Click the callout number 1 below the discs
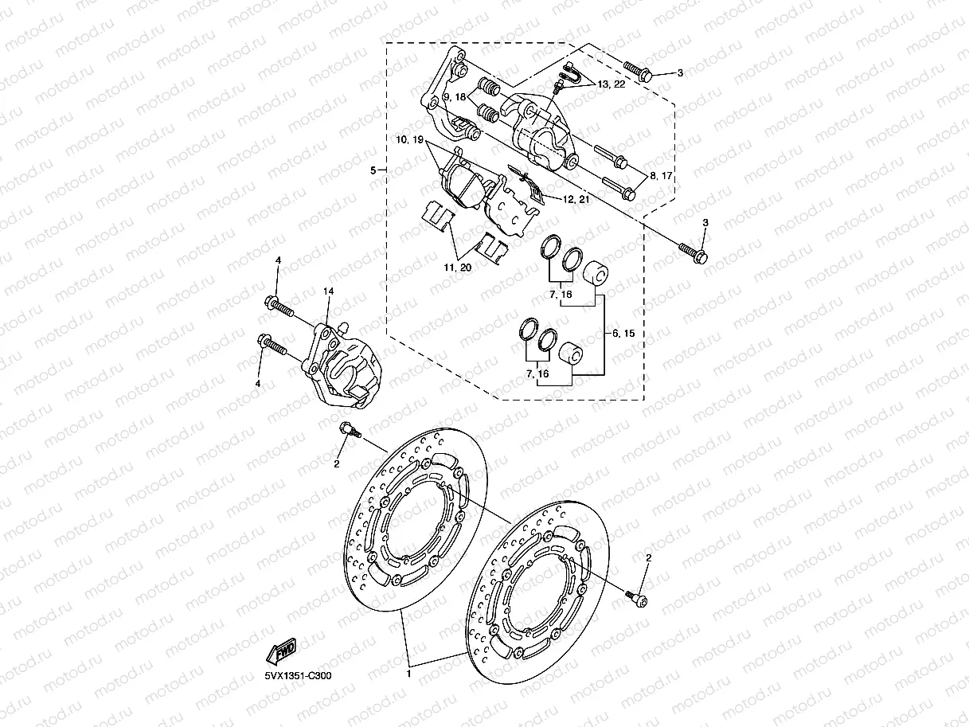[x=409, y=674]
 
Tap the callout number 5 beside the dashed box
[x=373, y=170]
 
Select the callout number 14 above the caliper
[x=326, y=292]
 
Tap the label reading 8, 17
[x=661, y=177]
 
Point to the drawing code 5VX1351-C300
[x=298, y=676]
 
